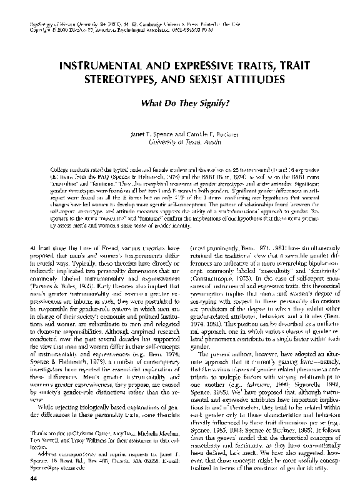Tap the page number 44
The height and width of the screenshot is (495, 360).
[x=34, y=478]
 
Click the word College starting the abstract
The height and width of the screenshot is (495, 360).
[x=61, y=169]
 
